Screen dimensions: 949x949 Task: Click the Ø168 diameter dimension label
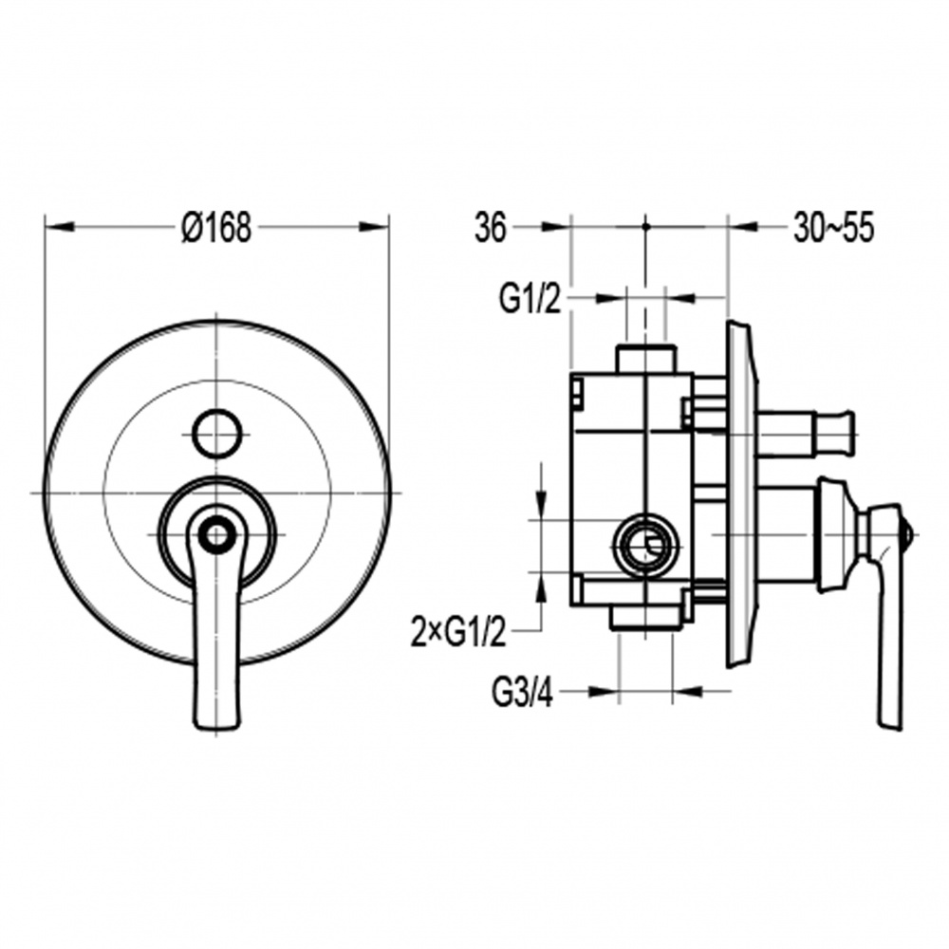(216, 228)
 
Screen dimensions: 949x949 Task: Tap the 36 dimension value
(490, 229)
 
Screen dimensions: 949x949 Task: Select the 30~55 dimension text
(834, 229)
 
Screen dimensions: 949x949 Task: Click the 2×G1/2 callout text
(458, 632)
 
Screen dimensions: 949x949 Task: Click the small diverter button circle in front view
(216, 432)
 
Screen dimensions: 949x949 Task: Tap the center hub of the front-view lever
(216, 534)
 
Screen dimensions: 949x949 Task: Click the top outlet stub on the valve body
(645, 359)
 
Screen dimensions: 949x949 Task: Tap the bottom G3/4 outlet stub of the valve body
(644, 618)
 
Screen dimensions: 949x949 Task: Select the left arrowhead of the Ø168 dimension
(59, 227)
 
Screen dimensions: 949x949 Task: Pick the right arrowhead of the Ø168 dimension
(374, 227)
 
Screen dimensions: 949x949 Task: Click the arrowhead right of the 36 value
(557, 227)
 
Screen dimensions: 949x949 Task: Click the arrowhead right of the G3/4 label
(687, 691)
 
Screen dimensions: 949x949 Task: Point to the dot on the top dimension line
(645, 227)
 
